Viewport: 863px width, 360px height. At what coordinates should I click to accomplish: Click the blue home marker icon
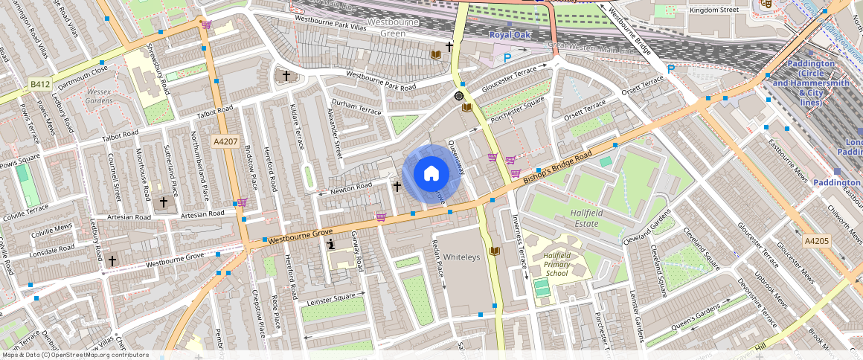431,174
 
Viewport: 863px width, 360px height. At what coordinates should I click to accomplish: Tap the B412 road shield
39,84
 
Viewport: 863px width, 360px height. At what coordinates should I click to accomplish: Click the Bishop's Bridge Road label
557,166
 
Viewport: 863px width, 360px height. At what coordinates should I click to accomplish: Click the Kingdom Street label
714,10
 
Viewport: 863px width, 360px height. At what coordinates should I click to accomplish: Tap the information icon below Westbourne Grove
331,243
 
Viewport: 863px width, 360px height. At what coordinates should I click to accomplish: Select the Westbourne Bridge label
629,33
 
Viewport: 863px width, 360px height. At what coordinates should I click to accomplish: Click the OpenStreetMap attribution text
75,355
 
